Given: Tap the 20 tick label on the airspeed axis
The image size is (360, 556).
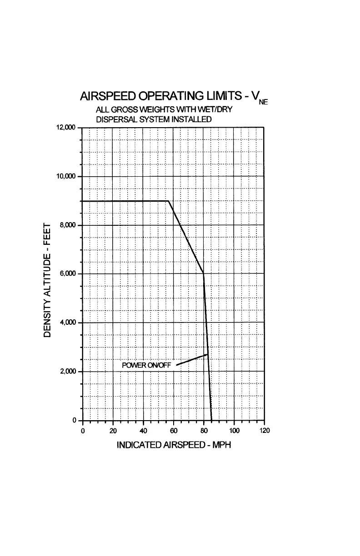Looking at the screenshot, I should click(113, 431).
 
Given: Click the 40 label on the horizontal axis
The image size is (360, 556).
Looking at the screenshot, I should click(143, 431).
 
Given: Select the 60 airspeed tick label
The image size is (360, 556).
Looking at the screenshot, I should click(174, 431).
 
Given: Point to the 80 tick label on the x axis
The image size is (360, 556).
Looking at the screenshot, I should click(204, 431).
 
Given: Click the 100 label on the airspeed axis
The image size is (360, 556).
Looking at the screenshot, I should click(234, 431).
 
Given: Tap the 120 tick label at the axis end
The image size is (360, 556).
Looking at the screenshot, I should click(264, 431).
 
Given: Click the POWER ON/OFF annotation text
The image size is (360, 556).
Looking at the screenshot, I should click(146, 365).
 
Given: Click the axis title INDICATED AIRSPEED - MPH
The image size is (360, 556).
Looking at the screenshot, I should click(174, 445).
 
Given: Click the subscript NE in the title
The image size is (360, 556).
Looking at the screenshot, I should click(263, 103).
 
